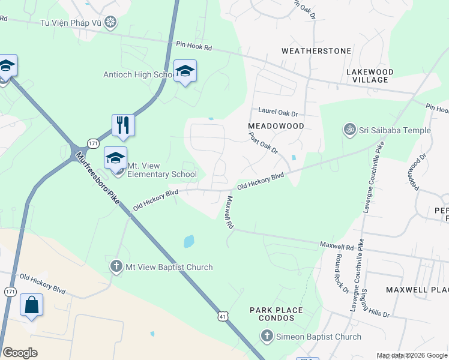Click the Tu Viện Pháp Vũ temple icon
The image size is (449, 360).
click(110, 23)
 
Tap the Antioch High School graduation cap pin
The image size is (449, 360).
click(185, 71)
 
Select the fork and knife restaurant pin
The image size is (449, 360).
click(123, 125)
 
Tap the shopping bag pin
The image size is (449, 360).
click(31, 305)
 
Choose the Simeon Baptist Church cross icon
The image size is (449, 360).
click(268, 336)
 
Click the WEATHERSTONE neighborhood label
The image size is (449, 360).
click(316, 51)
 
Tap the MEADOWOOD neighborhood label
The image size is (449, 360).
click(276, 126)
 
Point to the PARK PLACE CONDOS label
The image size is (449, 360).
click(276, 314)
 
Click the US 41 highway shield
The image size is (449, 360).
click(222, 314)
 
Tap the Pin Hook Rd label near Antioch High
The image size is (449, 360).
click(194, 46)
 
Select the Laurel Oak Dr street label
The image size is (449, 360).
click(278, 112)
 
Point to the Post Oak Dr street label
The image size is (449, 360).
click(264, 143)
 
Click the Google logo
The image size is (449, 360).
click(20, 353)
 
